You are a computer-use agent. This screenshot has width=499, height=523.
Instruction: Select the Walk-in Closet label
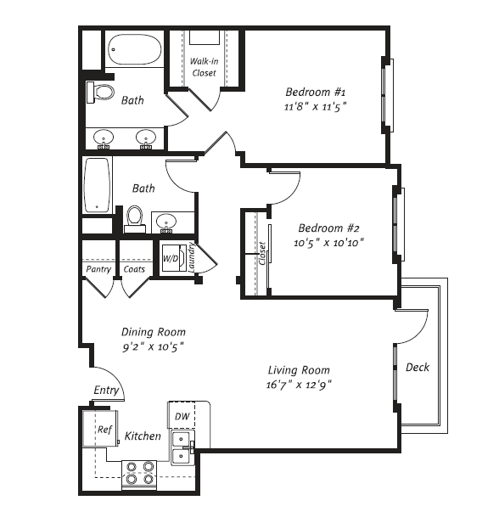point(203,67)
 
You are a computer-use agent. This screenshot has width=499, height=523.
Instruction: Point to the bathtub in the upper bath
point(136,50)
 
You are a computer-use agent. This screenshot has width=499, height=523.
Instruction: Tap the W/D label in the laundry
point(171,257)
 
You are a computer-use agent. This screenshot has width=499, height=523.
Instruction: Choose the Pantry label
point(98,270)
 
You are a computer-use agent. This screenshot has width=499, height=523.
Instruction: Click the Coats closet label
point(134,270)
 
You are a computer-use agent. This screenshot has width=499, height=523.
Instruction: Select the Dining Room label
point(153,332)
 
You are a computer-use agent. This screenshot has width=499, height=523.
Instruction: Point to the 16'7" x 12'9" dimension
point(299,385)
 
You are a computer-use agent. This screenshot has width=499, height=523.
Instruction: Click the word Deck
point(417,368)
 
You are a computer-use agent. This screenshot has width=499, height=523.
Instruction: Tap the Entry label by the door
point(106,391)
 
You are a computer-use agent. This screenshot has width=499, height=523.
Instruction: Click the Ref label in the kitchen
point(104,430)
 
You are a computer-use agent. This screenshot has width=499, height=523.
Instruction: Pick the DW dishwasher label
point(182,416)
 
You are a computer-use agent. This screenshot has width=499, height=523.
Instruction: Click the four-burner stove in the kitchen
point(140,472)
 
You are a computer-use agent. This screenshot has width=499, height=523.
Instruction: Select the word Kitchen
point(143,436)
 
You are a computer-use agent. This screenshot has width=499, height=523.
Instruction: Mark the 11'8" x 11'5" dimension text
point(316,107)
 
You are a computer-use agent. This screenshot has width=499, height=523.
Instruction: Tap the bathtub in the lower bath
point(98,184)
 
